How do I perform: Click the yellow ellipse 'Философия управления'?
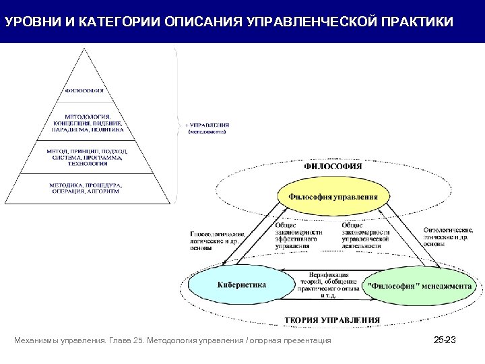(333, 197)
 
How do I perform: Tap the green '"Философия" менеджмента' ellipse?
(420, 286)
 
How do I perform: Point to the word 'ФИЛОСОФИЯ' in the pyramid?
(84, 90)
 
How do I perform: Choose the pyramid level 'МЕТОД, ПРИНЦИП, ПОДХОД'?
(85, 157)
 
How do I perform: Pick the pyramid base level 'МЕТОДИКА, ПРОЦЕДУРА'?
(85, 188)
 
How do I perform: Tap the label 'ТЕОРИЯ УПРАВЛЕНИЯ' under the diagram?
(331, 320)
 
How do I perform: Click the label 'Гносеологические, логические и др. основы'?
(218, 240)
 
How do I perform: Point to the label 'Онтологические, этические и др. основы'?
(448, 237)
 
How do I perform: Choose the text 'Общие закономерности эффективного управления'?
(298, 236)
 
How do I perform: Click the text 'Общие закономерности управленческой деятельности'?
(366, 236)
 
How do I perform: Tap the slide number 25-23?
(445, 341)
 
